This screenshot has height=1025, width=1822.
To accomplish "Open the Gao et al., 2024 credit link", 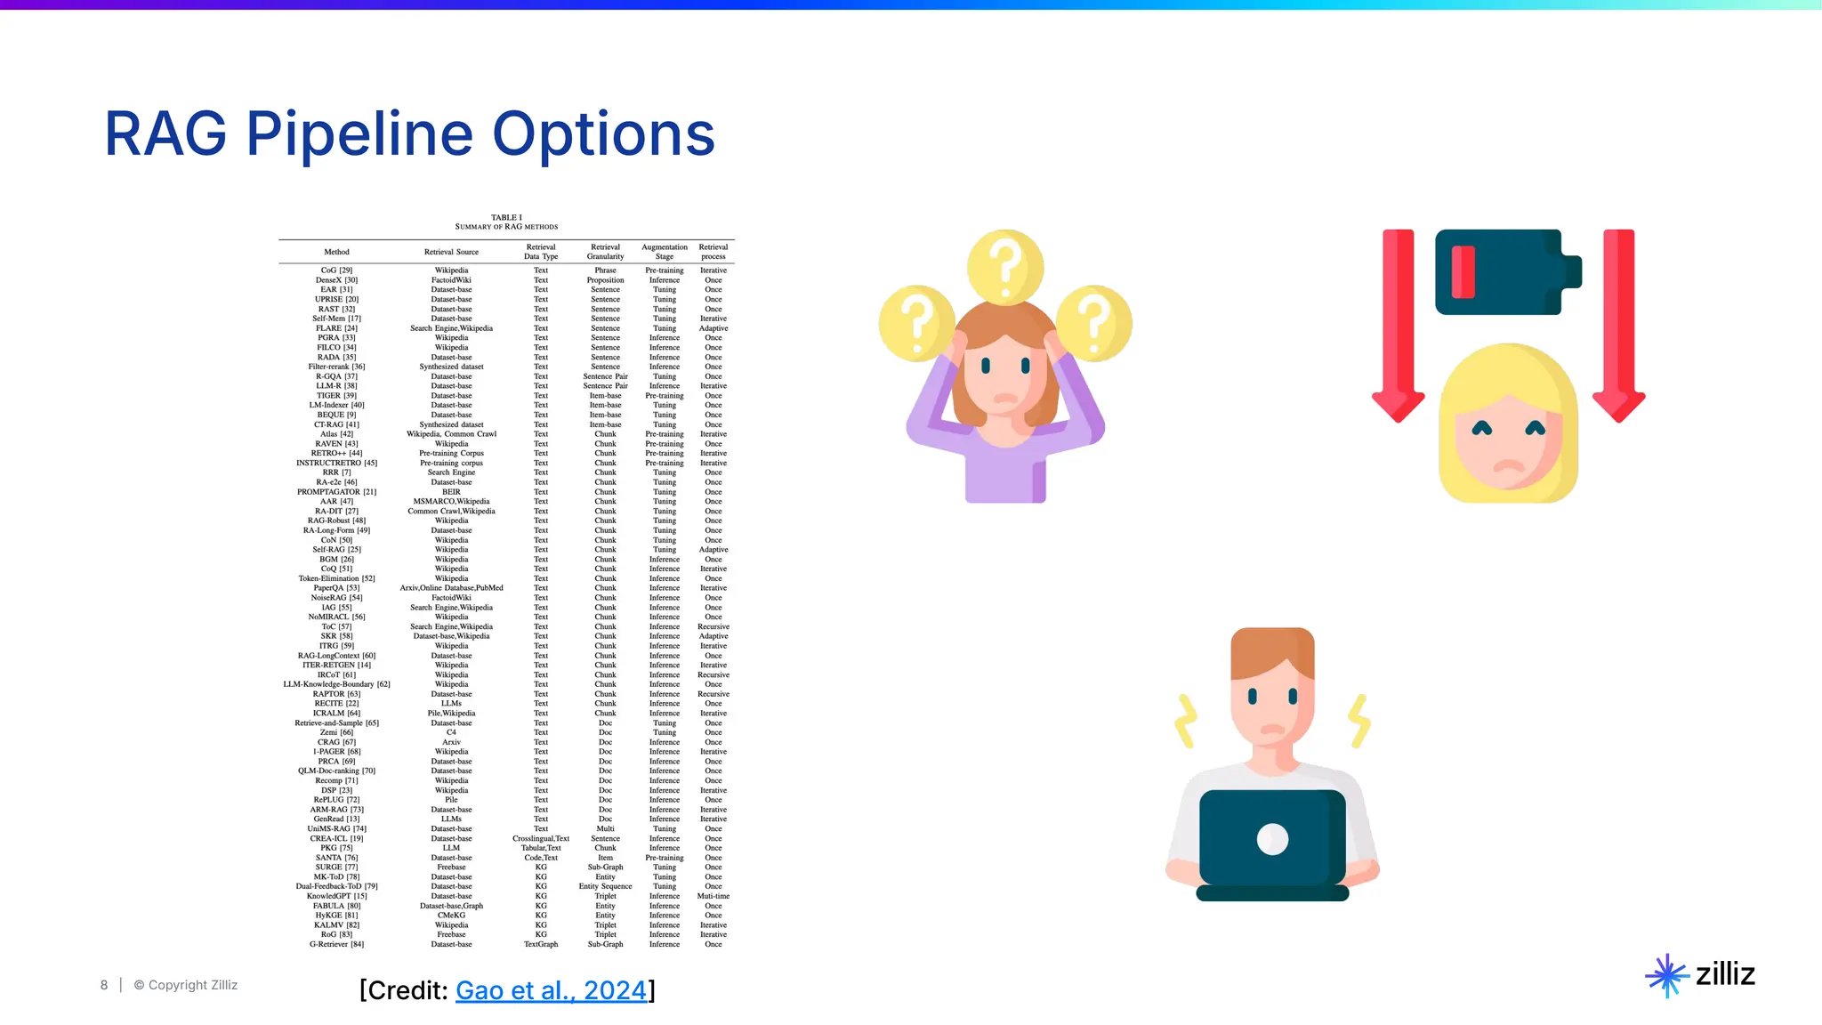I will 551,990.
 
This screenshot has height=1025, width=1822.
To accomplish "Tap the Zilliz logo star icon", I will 1666,976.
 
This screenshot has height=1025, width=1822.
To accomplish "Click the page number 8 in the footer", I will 104,985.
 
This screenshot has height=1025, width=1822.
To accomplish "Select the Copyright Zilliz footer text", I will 186,985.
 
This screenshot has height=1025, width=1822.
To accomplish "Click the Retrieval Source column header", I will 451,252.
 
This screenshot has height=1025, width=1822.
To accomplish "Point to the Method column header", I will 336,252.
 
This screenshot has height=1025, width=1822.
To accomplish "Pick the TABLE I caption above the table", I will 506,217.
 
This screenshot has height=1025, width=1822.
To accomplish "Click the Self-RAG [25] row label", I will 336,550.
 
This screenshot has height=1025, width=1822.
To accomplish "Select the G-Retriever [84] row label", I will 336,944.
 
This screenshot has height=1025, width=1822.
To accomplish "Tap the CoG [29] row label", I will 336,270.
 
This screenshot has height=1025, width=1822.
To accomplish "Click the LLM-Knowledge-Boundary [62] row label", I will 336,684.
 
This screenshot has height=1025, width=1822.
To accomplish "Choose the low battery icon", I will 1507,271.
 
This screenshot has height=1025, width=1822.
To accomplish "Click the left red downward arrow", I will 1399,325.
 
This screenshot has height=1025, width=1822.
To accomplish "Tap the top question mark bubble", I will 1005,266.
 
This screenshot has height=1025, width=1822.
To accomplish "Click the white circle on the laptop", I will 1272,839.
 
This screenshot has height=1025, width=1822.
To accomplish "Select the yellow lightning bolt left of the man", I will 1186,721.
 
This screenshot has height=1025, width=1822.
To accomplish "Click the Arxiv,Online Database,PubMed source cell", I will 451,588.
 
